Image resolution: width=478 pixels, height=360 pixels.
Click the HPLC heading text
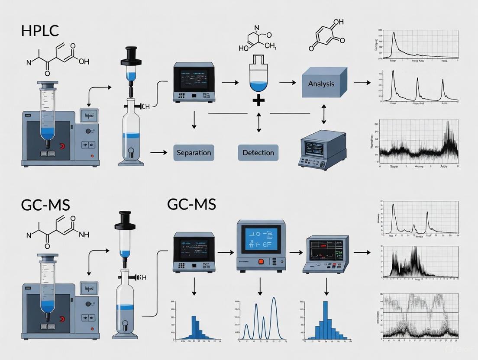[x=40, y=32]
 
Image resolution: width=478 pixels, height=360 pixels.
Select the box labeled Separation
[x=194, y=153]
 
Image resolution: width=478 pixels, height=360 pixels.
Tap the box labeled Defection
[x=258, y=153]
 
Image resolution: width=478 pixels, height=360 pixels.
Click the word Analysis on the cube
[x=321, y=84]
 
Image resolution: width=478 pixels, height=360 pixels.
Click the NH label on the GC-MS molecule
[x=82, y=234]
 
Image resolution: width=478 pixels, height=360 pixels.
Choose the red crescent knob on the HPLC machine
[x=64, y=147]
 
